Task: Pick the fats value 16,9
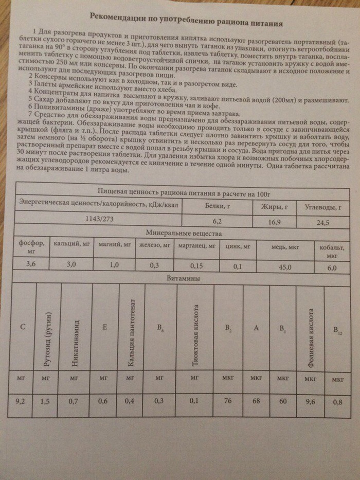[x=278, y=222]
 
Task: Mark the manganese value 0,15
[x=197, y=266]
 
